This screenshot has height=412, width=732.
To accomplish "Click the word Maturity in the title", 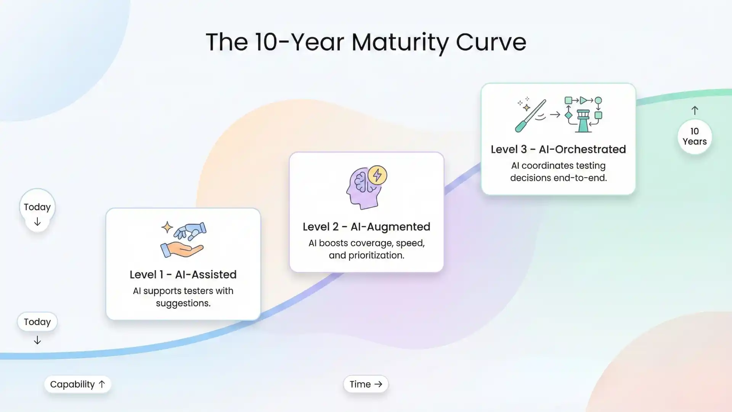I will [399, 42].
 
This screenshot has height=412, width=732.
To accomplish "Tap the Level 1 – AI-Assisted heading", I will [183, 274].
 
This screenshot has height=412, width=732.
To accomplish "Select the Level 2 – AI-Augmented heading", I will [366, 227].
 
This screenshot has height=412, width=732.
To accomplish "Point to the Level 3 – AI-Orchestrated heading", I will [558, 149].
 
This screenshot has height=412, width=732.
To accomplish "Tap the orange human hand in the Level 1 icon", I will [181, 249].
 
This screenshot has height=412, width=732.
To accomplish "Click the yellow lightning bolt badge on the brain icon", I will [377, 175].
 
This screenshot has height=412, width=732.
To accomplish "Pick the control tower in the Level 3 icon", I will [583, 121].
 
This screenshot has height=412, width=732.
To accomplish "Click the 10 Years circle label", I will [695, 137].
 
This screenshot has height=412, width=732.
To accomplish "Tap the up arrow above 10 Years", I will [695, 111].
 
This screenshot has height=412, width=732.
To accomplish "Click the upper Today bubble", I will [37, 207].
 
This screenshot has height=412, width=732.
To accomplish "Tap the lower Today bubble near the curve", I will [37, 322].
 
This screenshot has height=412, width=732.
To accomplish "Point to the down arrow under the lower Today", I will [37, 340].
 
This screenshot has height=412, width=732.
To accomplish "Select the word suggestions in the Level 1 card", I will [183, 303].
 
